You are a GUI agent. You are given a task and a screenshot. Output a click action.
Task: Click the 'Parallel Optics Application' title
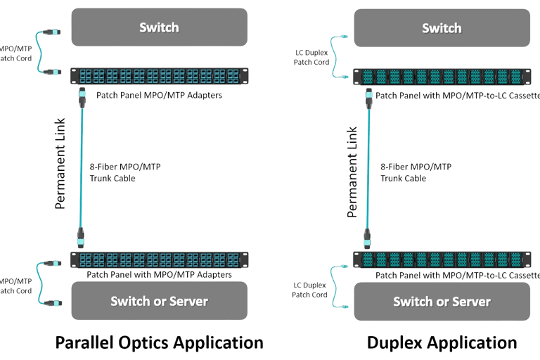(x=159, y=342)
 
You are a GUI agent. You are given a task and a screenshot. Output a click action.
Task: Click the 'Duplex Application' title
(x=442, y=342)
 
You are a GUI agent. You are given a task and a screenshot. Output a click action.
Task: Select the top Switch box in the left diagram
(x=159, y=28)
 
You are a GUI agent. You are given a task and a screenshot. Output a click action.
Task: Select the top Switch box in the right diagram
(x=442, y=28)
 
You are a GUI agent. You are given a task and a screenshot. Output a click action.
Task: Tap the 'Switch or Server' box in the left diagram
(x=159, y=301)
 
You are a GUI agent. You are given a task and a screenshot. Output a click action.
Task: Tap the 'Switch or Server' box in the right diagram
(x=442, y=302)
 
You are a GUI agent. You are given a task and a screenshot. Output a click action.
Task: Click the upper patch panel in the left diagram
(x=159, y=75)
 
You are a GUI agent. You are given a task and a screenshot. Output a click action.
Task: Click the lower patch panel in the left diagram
(x=159, y=260)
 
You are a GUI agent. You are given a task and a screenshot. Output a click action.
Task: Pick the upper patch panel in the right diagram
(x=442, y=76)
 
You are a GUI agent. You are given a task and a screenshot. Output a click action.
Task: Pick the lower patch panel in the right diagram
(x=442, y=259)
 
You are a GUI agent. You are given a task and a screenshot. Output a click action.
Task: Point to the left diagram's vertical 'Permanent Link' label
(x=61, y=163)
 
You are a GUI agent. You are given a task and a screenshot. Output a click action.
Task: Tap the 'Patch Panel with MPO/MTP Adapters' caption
(x=159, y=275)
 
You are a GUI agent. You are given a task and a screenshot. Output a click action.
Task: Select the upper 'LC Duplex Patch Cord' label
(x=311, y=58)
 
